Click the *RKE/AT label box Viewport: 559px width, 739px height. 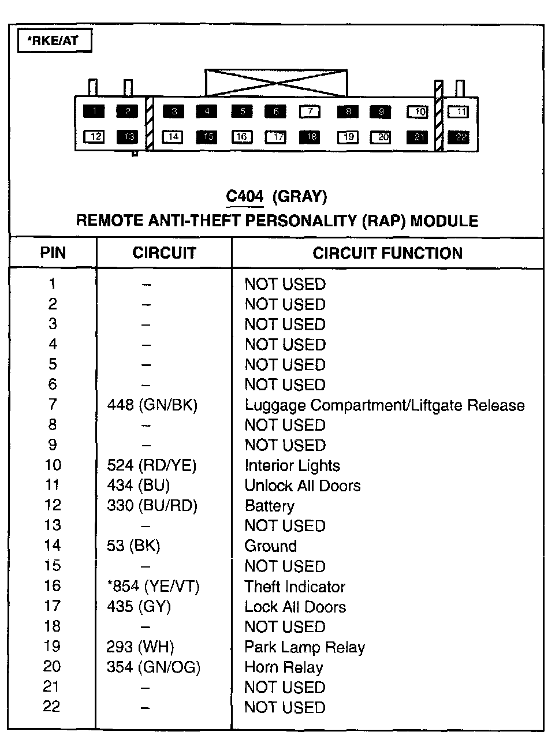[55, 41]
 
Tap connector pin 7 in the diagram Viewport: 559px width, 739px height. [310, 111]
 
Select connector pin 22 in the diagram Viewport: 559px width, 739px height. [460, 137]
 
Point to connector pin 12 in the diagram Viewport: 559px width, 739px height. [95, 137]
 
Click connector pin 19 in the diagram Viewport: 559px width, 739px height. [348, 137]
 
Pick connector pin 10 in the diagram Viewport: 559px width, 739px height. [418, 111]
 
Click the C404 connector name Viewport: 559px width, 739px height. [245, 197]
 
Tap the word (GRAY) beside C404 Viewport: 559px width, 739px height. [299, 197]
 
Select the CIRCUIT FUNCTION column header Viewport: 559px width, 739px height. [387, 253]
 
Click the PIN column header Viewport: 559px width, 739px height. [53, 253]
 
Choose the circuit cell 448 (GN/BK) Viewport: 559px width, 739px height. [152, 405]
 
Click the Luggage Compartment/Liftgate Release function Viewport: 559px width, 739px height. [385, 405]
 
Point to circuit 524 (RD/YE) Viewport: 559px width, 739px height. [152, 466]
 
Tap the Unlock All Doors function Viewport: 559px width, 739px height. [303, 486]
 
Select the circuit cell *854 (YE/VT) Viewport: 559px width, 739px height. [154, 587]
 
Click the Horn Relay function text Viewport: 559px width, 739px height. [284, 667]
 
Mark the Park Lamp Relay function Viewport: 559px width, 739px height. [305, 647]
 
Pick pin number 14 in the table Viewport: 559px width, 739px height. [53, 546]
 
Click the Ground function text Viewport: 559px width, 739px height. [271, 546]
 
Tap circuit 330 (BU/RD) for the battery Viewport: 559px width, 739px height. [152, 506]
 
